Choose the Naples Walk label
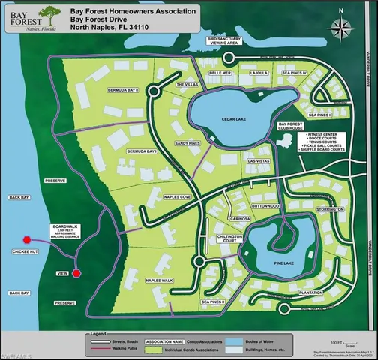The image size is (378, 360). point(159,280)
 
